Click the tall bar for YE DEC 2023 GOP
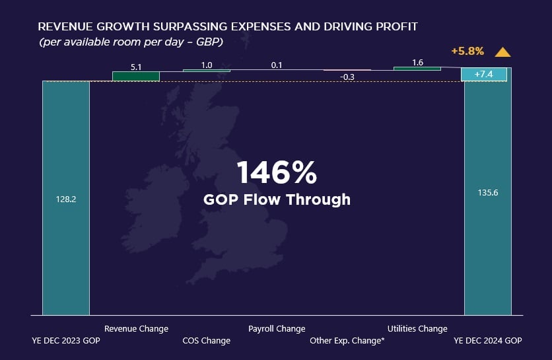click(65, 198)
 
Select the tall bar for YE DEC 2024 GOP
click(487, 198)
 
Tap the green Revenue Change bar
click(136, 76)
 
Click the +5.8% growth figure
click(467, 51)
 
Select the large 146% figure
click(277, 173)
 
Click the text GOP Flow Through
click(277, 199)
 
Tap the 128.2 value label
click(65, 198)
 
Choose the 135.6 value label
click(487, 194)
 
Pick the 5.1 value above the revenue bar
click(136, 66)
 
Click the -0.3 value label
click(347, 77)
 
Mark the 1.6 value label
click(417, 63)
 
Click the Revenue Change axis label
click(136, 328)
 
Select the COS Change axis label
click(207, 341)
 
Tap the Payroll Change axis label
click(277, 328)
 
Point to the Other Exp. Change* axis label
click(347, 341)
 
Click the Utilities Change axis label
click(417, 328)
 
